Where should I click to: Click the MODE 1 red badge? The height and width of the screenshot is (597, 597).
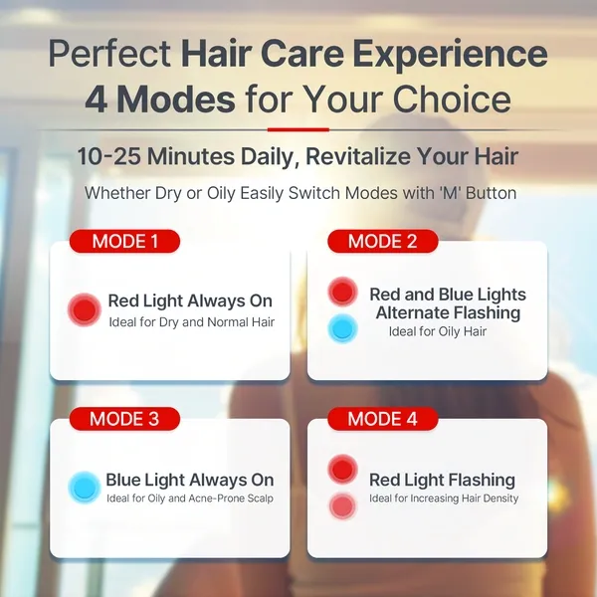coord(124,241)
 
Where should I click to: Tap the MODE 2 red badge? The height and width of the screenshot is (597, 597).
coord(382,241)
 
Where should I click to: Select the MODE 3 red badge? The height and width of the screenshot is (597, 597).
coord(124,419)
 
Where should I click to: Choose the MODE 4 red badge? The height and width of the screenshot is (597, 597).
coord(382,419)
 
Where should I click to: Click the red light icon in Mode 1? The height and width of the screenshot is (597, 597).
coord(85,310)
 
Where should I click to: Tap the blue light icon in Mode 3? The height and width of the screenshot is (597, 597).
coord(85,489)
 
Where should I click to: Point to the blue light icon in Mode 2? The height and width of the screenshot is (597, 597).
coord(343,327)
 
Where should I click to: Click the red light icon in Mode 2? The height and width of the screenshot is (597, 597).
coord(343,293)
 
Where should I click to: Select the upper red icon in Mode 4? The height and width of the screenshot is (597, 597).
coord(343,470)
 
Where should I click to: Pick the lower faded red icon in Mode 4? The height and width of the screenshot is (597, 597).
coord(343,505)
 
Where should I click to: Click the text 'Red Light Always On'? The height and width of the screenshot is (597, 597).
coord(190,301)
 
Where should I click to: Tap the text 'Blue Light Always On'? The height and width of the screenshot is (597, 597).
coord(190,481)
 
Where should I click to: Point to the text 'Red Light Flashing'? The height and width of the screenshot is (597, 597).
coord(442,481)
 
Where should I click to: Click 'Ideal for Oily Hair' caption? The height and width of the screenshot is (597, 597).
coord(438,331)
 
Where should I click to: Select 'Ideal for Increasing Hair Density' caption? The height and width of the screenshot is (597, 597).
coord(444,498)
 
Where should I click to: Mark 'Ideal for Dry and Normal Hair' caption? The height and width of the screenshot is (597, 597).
coord(191,321)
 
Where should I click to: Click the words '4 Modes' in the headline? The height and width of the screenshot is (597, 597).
coord(160,99)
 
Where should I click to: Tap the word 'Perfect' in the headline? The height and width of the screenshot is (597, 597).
coord(109,54)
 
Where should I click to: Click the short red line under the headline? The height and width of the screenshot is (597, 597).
coord(298,128)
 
